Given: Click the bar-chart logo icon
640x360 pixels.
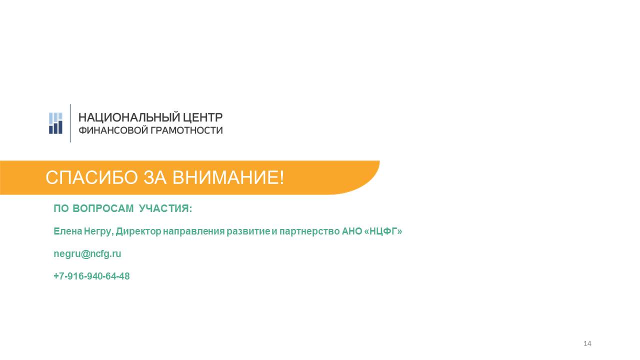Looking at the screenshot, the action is coord(55,123).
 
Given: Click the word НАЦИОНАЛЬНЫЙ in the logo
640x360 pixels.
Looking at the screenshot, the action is coord(129,117).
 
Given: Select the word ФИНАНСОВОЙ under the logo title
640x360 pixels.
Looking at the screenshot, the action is coord(113,130).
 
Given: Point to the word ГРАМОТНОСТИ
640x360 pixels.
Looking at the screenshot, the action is coord(186,130).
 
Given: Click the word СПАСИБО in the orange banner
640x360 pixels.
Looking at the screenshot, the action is coord(91,177).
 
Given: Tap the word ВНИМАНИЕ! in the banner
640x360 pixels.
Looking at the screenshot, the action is coord(228,177).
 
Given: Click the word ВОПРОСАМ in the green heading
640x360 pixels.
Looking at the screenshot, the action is coord(103,208).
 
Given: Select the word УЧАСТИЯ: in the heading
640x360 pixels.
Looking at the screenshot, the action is coord(165,208).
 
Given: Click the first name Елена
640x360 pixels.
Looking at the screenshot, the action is coord(68,231).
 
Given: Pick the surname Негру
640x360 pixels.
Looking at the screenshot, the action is coord(98,231).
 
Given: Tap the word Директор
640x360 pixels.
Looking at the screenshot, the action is coord(138,231).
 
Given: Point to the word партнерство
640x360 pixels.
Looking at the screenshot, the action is coord(309,231).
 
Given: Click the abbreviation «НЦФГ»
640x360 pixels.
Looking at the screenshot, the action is coord(383,231).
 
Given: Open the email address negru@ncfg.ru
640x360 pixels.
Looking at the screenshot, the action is coord(87,254).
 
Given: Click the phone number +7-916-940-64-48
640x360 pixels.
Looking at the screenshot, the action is coord(91,276).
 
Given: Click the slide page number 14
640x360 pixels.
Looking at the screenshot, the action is coord(587,343).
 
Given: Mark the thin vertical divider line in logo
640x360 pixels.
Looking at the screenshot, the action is coord(70,123).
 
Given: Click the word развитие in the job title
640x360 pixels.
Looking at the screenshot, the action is coord(248,231).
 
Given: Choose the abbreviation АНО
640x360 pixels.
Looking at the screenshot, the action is coord(352,231).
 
